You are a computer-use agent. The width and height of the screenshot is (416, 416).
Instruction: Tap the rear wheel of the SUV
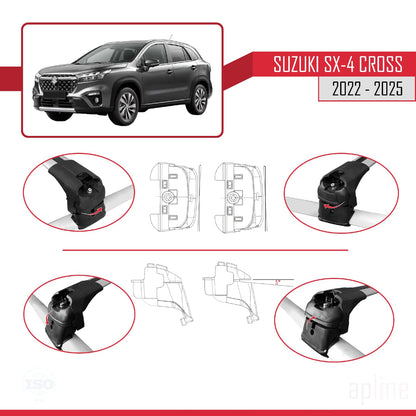(x=200, y=98)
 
